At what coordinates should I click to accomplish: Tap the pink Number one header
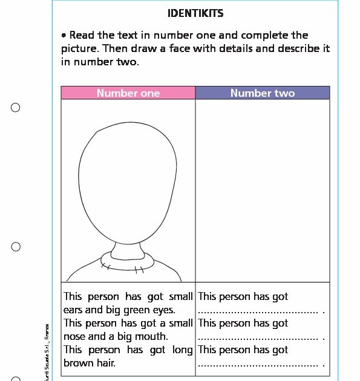[x=128, y=93]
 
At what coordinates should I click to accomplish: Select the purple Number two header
[x=263, y=93]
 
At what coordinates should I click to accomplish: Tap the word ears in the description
[x=74, y=310]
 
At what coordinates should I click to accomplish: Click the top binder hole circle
[x=16, y=108]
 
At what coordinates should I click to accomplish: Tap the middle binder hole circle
[x=16, y=247]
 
